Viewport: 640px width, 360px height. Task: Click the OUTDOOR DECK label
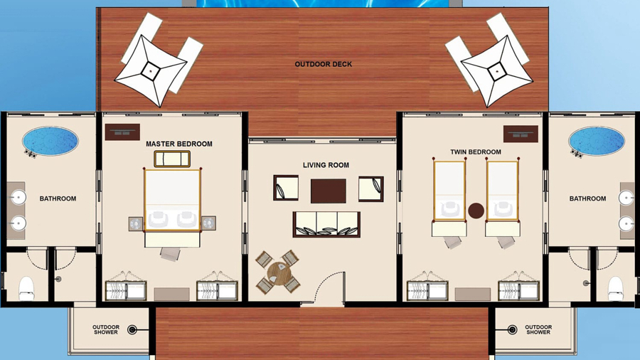pyautogui.click(x=324, y=64)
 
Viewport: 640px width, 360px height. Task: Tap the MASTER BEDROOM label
pyautogui.click(x=178, y=144)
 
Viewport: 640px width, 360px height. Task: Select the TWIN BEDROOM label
pyautogui.click(x=476, y=152)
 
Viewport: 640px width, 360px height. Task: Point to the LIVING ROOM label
pyautogui.click(x=326, y=165)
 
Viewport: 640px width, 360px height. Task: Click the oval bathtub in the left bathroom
pyautogui.click(x=50, y=141)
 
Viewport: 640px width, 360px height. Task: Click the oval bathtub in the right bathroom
pyautogui.click(x=597, y=141)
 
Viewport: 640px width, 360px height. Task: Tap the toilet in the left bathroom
pyautogui.click(x=26, y=288)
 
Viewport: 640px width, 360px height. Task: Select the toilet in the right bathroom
pyautogui.click(x=616, y=288)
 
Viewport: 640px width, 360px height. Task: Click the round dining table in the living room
pyautogui.click(x=279, y=273)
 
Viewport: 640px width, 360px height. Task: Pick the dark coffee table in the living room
pyautogui.click(x=328, y=191)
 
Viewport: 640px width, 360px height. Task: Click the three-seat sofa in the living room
pyautogui.click(x=326, y=224)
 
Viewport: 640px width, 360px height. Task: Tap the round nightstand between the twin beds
pyautogui.click(x=476, y=211)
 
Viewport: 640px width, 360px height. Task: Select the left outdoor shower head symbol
pyautogui.click(x=132, y=329)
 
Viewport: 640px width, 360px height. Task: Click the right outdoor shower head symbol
pyautogui.click(x=512, y=329)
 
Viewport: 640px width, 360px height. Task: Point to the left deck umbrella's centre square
pyautogui.click(x=150, y=71)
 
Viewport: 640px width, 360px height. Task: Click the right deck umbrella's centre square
pyautogui.click(x=497, y=71)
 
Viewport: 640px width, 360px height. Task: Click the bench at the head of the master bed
pyautogui.click(x=172, y=159)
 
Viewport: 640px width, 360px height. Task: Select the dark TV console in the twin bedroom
pyautogui.click(x=521, y=134)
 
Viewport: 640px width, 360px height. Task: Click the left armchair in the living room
pyautogui.click(x=286, y=188)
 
